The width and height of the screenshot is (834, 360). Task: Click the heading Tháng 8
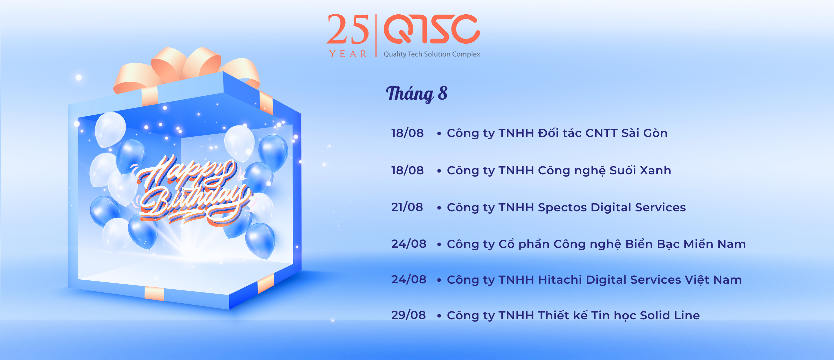pos(417,94)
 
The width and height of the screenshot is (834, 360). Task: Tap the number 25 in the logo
pos(348,30)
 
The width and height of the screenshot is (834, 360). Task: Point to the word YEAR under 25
pos(348,54)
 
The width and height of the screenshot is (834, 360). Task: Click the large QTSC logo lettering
pos(432,29)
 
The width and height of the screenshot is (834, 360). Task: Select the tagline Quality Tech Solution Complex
pos(432,54)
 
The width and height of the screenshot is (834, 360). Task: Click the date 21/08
pos(407,207)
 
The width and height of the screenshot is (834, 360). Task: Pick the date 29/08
pos(409,315)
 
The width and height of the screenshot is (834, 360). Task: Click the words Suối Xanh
pos(640,170)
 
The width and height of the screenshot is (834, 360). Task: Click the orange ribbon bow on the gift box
pos(187,68)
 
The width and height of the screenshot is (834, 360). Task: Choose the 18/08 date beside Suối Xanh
pos(408,170)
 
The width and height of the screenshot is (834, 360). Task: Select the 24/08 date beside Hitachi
pos(409,280)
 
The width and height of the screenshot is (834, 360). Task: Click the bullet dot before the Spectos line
pos(439,208)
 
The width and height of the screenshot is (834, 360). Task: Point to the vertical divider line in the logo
pos(376,36)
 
